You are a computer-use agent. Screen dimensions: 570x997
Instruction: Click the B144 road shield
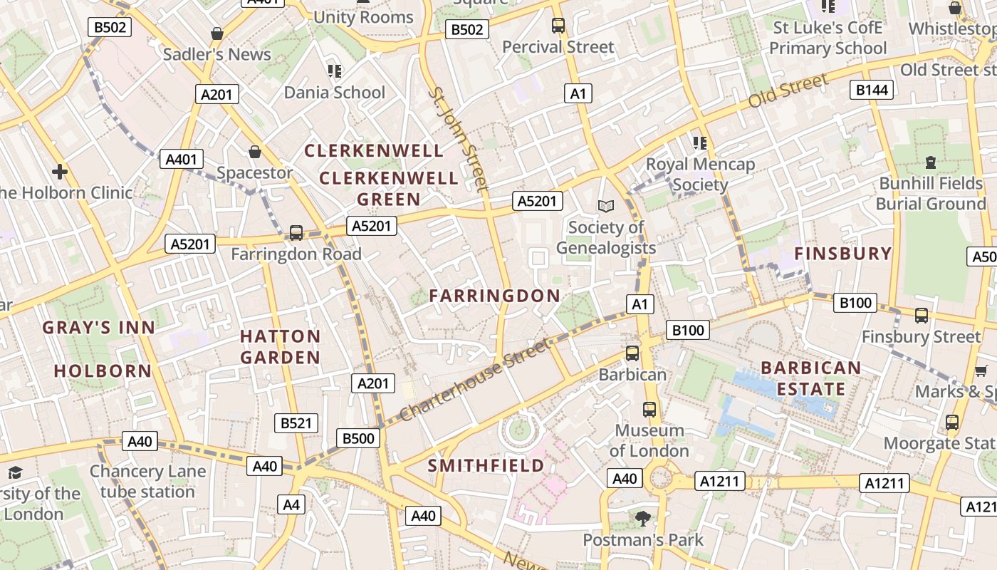pos(872,89)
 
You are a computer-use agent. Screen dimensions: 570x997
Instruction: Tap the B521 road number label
pos(296,423)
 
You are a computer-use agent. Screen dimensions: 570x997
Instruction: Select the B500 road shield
pos(358,438)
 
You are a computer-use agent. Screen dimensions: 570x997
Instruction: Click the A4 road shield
pos(291,504)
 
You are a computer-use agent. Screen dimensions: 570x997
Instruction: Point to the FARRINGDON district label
pos(494,296)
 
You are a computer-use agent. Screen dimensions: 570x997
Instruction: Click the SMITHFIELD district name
pos(486,466)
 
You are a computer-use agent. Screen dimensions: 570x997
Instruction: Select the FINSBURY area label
pos(842,254)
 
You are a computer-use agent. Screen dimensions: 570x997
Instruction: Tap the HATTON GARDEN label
pos(280,346)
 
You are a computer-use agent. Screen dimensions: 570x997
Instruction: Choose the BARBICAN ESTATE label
pos(810,378)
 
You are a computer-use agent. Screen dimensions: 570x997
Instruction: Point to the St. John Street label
pos(459,139)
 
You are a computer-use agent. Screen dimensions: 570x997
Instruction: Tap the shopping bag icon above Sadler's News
pos(217,33)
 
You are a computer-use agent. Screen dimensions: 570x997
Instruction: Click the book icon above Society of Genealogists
pos(605,206)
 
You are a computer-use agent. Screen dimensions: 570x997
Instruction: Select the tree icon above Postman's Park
pos(643,518)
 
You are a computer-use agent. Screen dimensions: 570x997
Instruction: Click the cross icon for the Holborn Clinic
pos(60,171)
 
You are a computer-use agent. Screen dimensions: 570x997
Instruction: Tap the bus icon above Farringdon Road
pos(296,233)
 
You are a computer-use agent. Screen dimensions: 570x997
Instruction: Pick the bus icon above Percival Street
pos(558,26)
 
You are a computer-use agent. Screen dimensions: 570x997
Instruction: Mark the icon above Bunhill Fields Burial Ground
pos(930,162)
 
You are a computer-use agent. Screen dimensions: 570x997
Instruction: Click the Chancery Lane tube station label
pos(147,482)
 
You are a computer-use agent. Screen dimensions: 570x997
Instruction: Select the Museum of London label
pos(649,440)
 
